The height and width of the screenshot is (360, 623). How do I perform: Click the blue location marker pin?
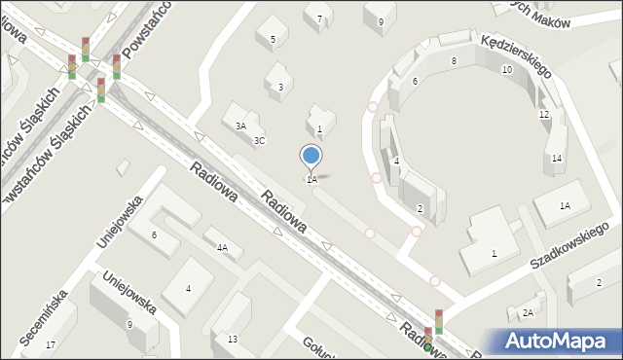tap(311, 156)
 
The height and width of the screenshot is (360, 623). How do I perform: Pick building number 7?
tap(318, 18)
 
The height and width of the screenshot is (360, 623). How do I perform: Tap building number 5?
tap(273, 40)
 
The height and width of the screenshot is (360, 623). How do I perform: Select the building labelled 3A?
tap(240, 126)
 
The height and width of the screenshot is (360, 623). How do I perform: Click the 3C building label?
tap(259, 140)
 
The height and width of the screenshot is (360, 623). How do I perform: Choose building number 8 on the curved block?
tap(454, 60)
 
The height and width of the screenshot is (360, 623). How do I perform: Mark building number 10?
tap(506, 70)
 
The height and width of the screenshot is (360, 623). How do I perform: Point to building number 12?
tap(544, 115)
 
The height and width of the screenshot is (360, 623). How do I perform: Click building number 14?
tap(556, 159)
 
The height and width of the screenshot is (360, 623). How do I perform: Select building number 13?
tap(232, 339)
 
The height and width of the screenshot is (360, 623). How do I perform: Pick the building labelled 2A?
tap(528, 312)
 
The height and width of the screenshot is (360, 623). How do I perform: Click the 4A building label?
tap(222, 248)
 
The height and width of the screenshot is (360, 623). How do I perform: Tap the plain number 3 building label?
tap(280, 88)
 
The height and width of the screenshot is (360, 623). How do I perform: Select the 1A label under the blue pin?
tap(311, 180)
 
